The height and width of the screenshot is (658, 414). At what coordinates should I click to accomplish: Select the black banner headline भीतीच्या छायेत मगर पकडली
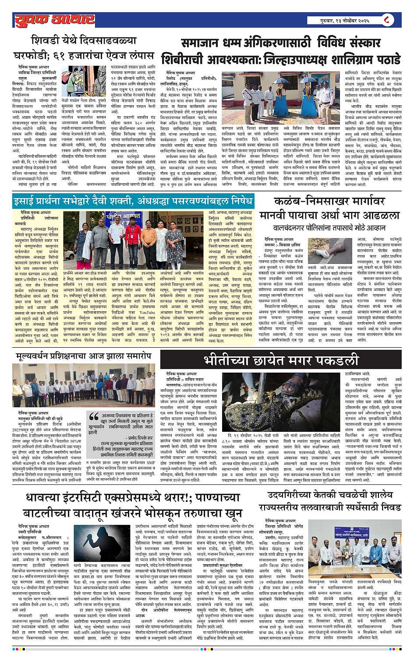click(280, 360)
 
